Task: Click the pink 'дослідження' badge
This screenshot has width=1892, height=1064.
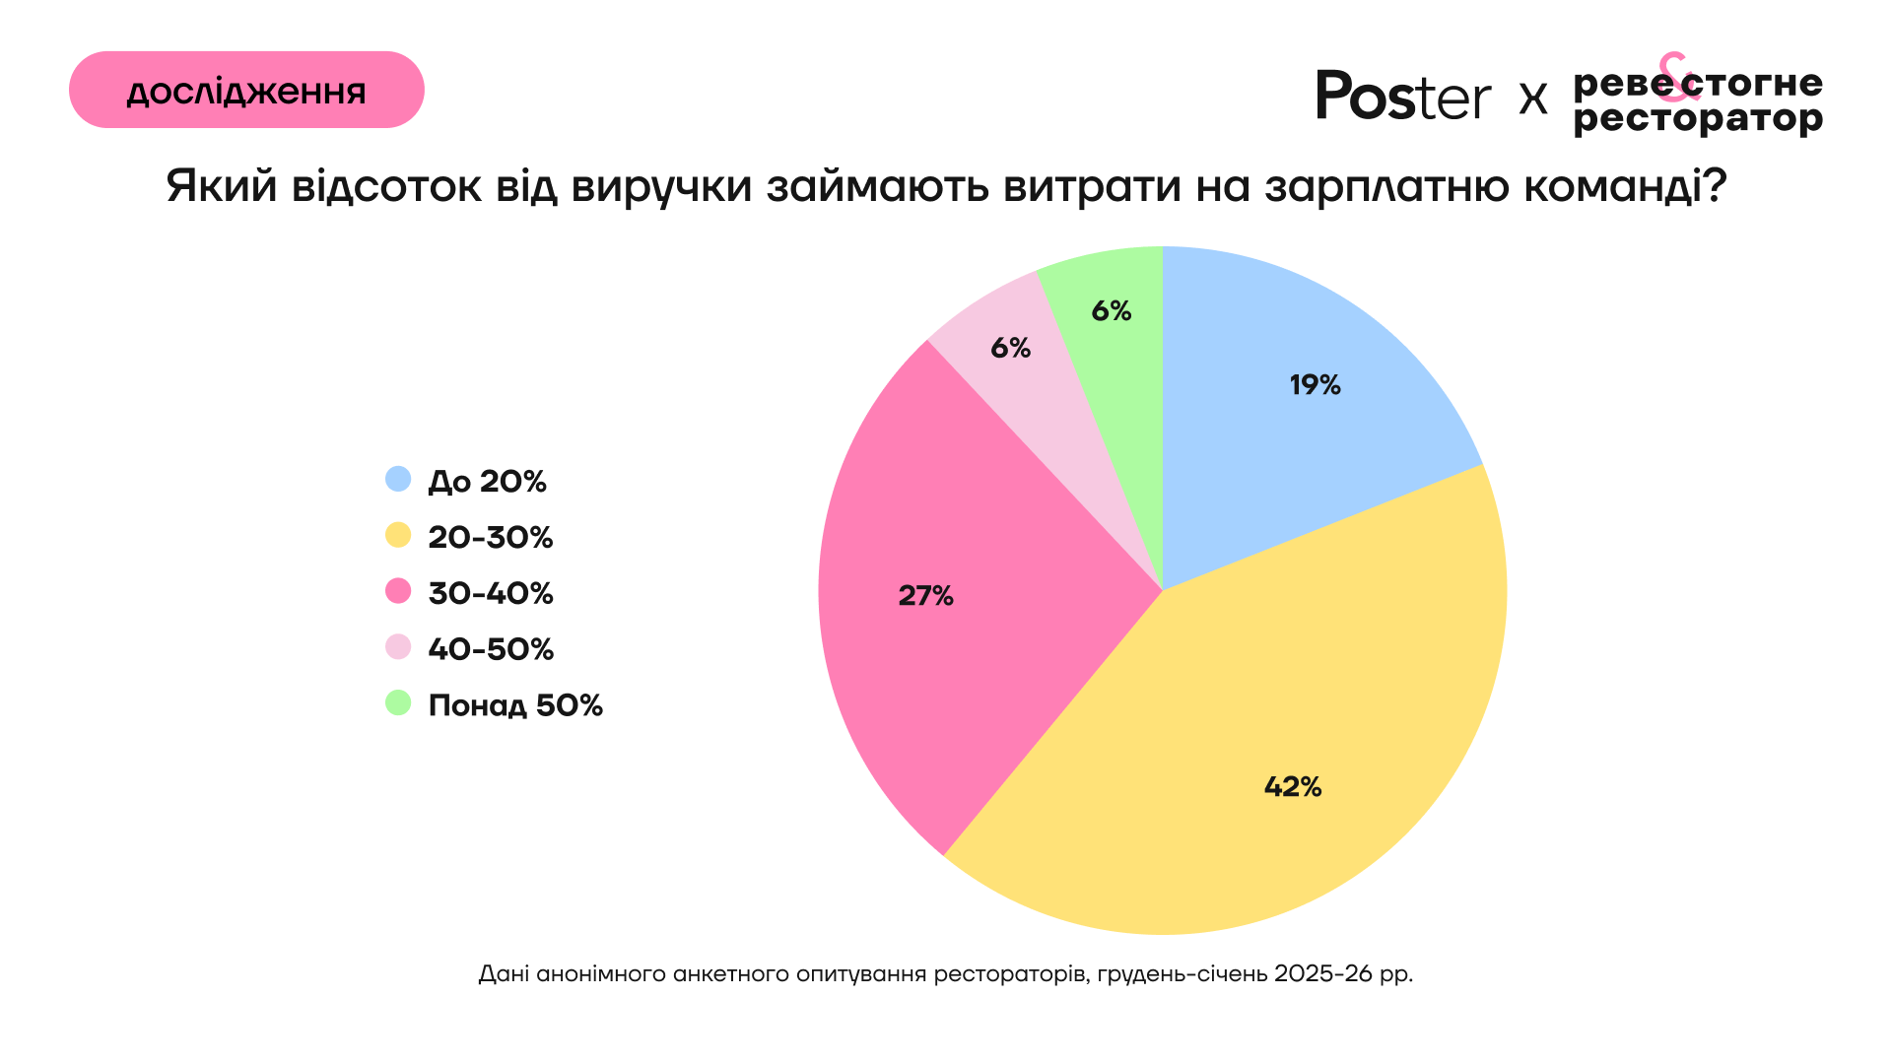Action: coord(246,90)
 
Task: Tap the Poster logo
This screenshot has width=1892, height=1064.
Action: coord(1403,97)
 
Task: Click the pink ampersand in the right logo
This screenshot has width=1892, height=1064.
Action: coord(1674,77)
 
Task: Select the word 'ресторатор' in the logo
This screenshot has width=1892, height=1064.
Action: coord(1698,119)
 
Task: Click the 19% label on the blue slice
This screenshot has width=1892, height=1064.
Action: coord(1315,385)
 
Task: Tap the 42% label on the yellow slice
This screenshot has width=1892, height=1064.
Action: coord(1292,786)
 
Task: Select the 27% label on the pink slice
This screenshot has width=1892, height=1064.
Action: coord(925,596)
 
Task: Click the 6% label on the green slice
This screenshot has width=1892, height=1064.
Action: coord(1111,311)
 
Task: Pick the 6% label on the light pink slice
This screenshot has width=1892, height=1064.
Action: coord(1010,348)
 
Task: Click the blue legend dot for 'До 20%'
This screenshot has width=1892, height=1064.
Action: coord(398,480)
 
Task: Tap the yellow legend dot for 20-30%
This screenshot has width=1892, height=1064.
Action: coord(398,536)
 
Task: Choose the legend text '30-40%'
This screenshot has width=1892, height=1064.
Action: coord(491,593)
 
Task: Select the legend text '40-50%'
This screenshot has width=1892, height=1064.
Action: coord(491,649)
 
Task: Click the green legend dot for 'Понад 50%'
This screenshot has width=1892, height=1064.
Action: coord(398,703)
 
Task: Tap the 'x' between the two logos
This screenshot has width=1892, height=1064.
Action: coord(1533,99)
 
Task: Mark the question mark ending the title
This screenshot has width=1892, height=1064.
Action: coord(1716,185)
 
